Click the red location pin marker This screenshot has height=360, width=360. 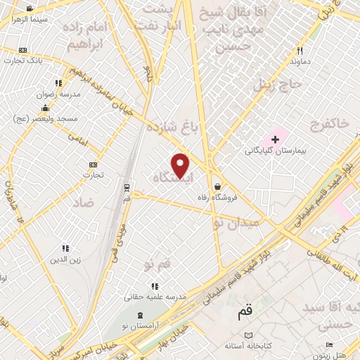point(181,165)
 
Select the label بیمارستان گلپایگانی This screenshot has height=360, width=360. point(274,150)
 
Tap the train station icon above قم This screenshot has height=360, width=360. point(127,188)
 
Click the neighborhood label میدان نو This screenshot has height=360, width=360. point(236,222)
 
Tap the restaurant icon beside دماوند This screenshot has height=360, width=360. point(300,51)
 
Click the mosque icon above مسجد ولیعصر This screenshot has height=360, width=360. point(46,108)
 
